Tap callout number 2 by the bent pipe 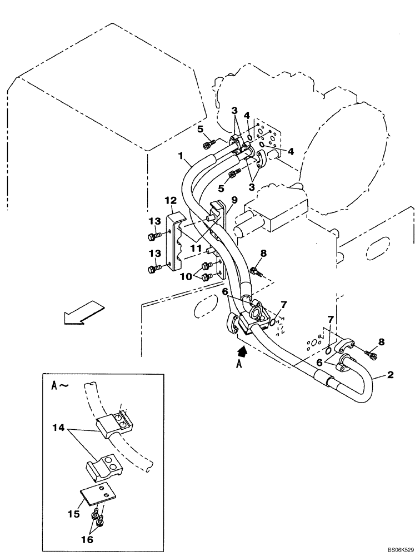(x=391, y=375)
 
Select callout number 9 (x=234, y=200)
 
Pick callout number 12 (x=170, y=200)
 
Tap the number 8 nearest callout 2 (x=381, y=342)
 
